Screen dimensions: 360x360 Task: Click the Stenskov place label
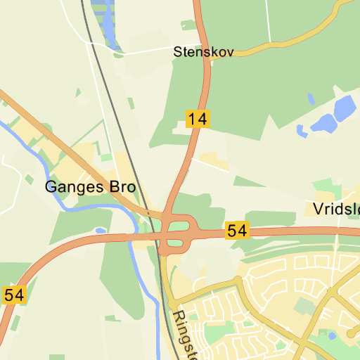pyautogui.click(x=203, y=51)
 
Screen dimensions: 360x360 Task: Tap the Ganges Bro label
pyautogui.click(x=89, y=187)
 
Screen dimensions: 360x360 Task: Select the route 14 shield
pyautogui.click(x=198, y=119)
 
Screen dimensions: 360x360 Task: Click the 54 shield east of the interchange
pyautogui.click(x=238, y=230)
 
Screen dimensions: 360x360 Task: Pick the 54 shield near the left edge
pyautogui.click(x=14, y=295)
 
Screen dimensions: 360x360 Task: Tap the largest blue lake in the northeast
pyautogui.click(x=345, y=108)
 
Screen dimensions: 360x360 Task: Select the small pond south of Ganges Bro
pyautogui.click(x=101, y=230)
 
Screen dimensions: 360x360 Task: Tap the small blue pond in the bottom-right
pyautogui.click(x=351, y=334)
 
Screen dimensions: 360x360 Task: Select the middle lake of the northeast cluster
pyautogui.click(x=324, y=124)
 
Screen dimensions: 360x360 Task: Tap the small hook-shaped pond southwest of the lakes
pyautogui.click(x=302, y=131)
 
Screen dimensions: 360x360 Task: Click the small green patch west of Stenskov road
pyautogui.click(x=188, y=25)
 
